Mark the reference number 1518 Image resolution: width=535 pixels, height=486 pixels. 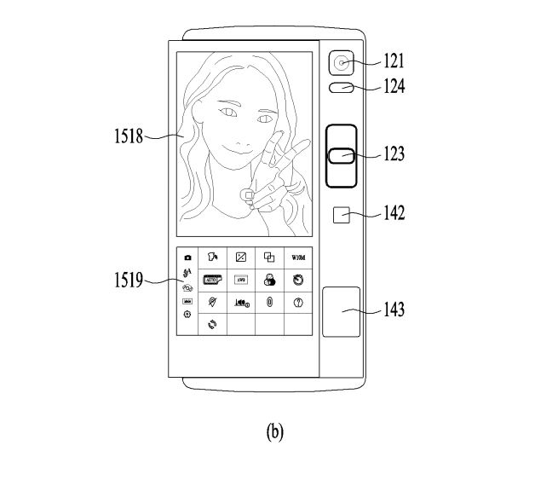point(126,135)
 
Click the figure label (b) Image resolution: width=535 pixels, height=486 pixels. point(274,431)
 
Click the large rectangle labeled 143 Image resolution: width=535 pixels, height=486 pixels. point(342,312)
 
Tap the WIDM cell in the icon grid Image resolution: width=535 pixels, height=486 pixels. point(299,257)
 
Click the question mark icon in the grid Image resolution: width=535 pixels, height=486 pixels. point(298,302)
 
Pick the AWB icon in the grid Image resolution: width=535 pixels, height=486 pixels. point(241,279)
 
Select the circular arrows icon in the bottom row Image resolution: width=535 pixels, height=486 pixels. point(212,324)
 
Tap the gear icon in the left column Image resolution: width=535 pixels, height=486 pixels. point(187,315)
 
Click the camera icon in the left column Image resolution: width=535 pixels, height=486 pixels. point(187,257)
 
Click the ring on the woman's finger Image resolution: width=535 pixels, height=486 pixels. point(247,195)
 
